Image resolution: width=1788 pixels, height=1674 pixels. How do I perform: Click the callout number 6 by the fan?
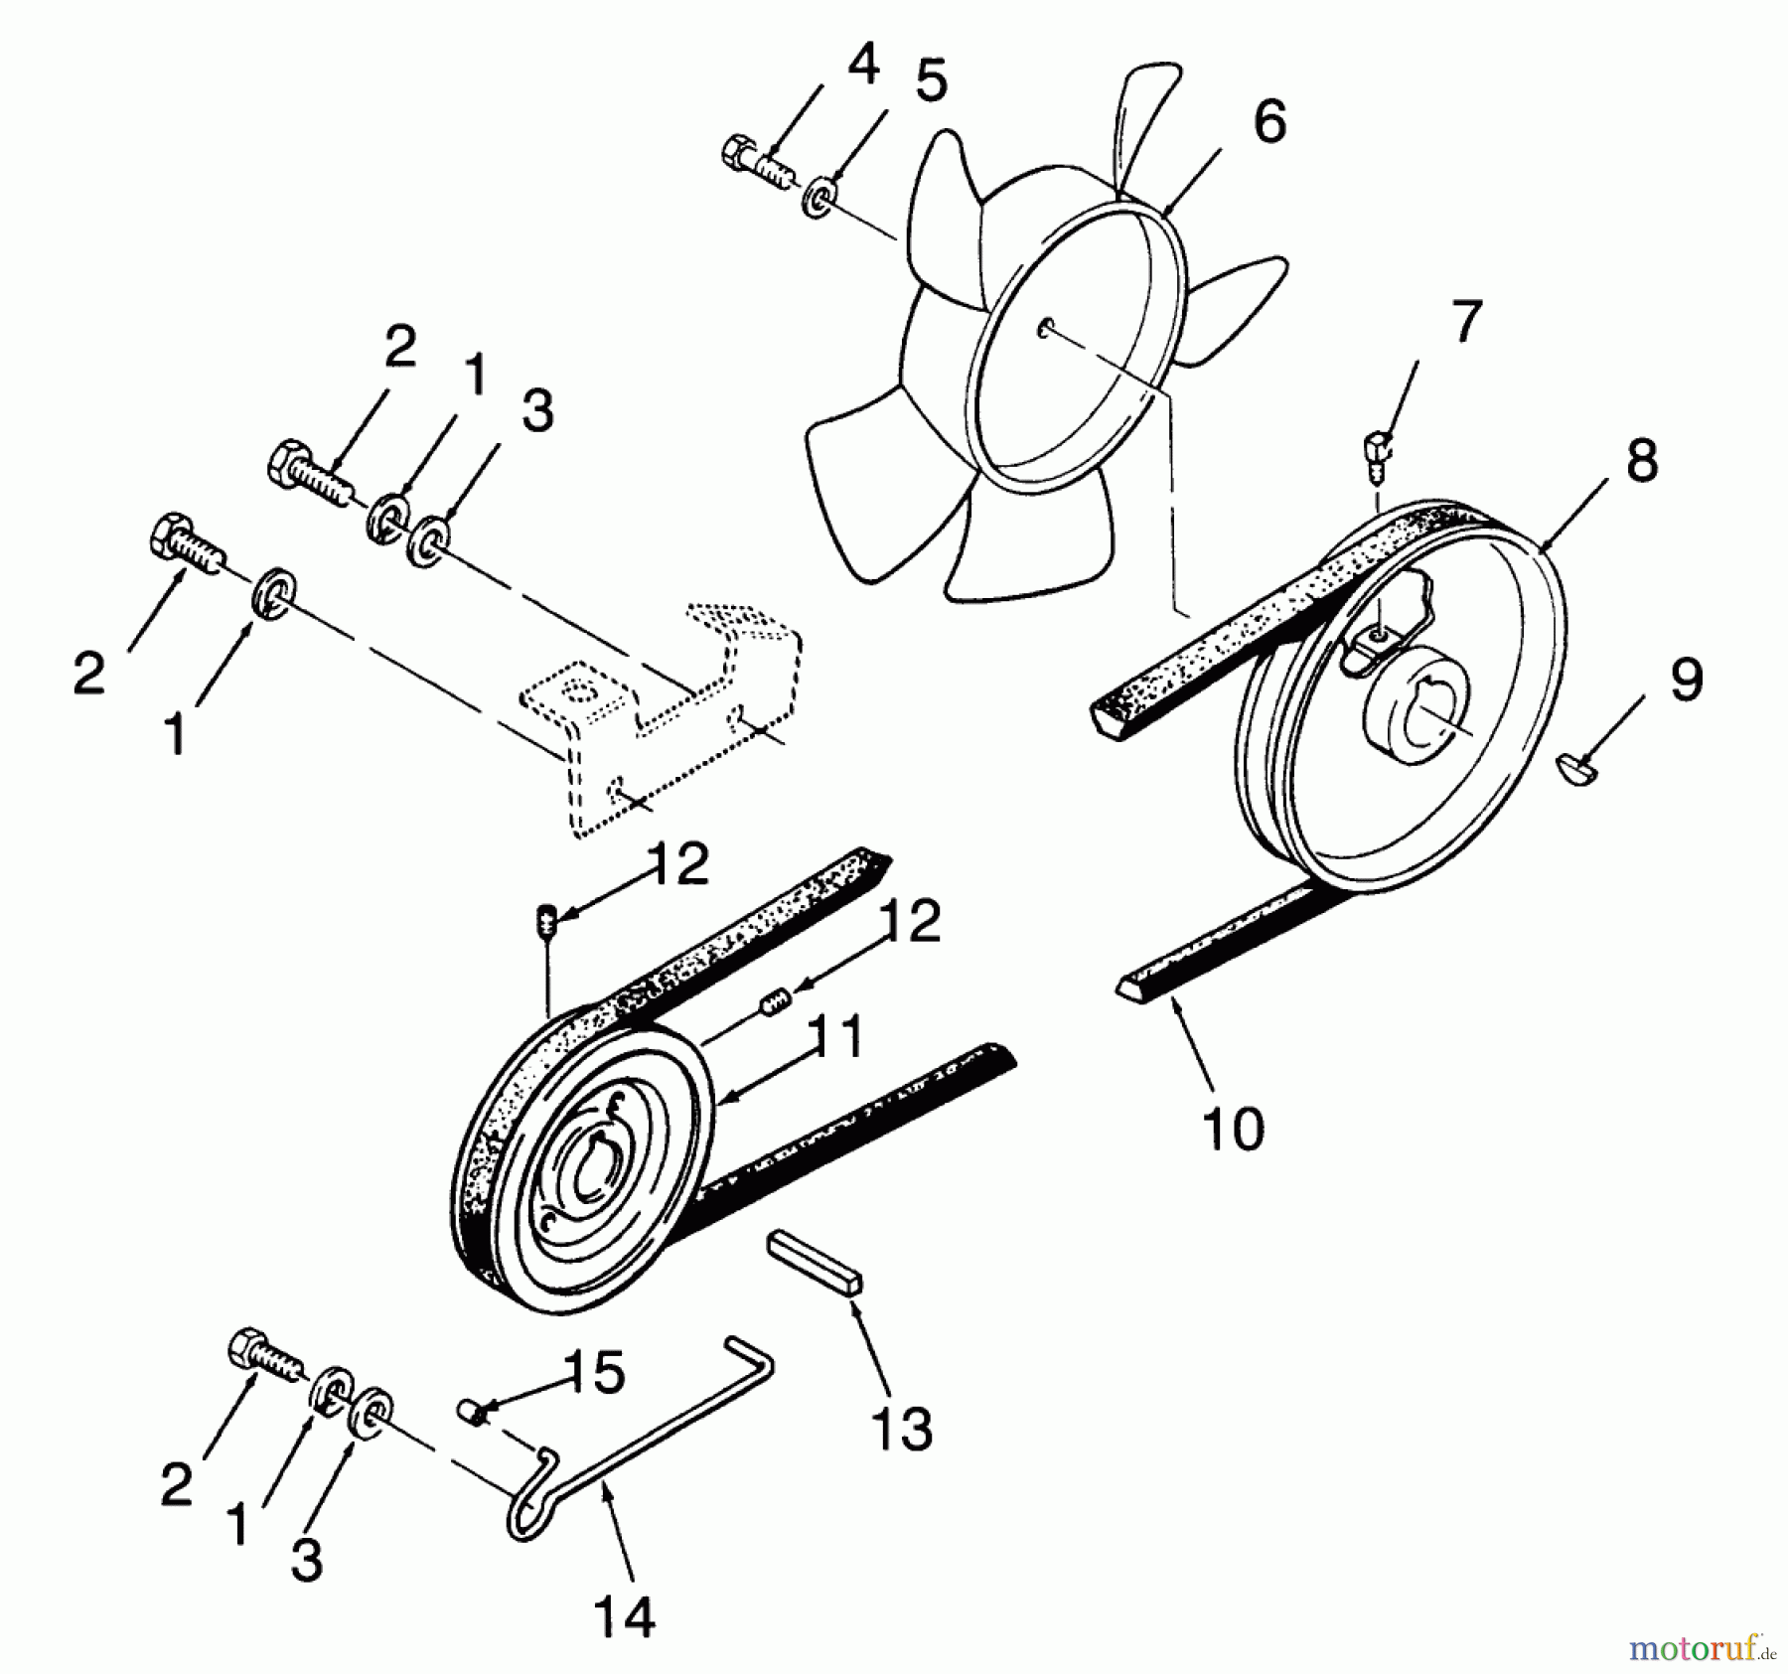(1268, 123)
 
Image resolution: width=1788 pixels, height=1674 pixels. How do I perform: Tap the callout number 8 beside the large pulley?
(1641, 462)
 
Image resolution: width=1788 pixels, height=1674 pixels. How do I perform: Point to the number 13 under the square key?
(902, 1430)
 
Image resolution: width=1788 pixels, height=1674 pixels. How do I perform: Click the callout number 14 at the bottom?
(626, 1616)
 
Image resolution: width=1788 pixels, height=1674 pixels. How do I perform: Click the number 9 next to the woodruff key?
(1686, 682)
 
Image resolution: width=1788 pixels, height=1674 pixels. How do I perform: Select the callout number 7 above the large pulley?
(1466, 322)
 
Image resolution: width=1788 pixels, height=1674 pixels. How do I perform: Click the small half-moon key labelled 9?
(1573, 768)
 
